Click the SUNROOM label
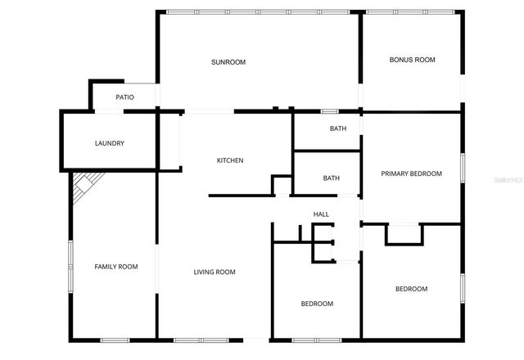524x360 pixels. coord(228,62)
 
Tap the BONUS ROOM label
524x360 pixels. coord(412,60)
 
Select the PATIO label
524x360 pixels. coord(124,97)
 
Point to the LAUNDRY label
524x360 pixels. coord(109,144)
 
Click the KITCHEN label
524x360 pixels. coord(229,160)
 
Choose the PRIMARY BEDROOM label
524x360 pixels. coord(411,173)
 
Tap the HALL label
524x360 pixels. coord(321,214)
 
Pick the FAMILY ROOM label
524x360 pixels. coord(115,267)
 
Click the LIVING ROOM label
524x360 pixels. coord(215,272)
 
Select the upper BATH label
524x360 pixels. coord(338,129)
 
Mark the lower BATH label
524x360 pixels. coord(331,178)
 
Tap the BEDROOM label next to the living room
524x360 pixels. coord(317,304)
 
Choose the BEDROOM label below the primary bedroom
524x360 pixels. coord(411,288)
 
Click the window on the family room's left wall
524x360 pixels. coord(71,266)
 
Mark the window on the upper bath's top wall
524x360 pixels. coord(330,111)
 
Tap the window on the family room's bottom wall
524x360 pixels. coord(115,340)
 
